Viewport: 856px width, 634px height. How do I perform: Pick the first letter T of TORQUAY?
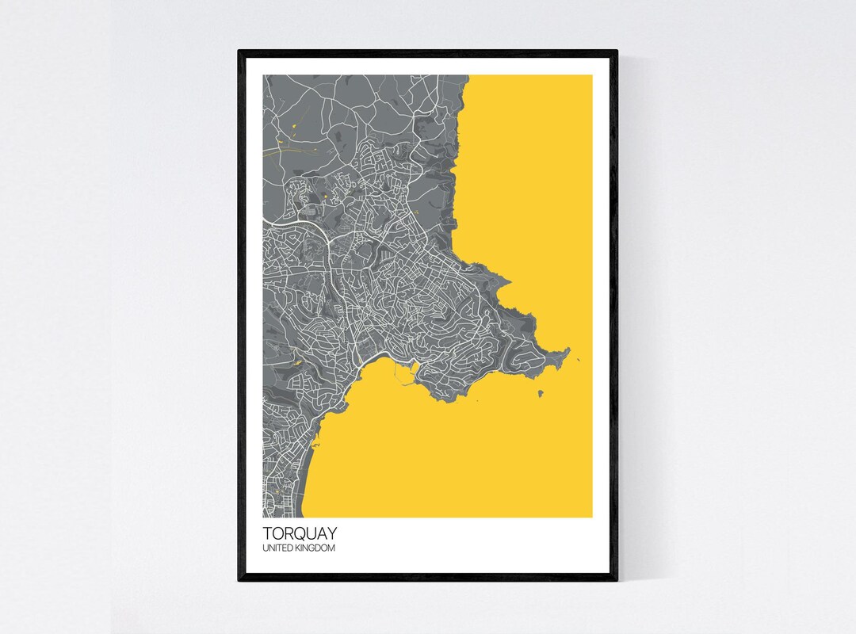[x=266, y=535]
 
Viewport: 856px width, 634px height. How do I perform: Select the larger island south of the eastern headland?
[x=541, y=394]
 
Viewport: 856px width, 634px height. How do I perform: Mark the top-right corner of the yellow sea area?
[x=591, y=76]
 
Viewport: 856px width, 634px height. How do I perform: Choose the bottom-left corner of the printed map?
[x=264, y=517]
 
